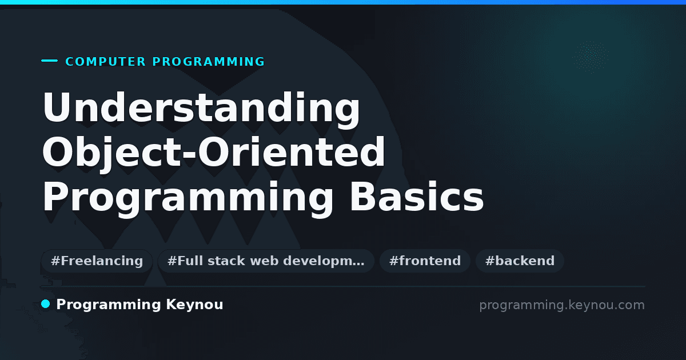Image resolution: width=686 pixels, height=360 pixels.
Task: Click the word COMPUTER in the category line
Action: [x=105, y=62]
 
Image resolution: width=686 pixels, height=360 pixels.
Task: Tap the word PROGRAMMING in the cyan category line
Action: [x=208, y=62]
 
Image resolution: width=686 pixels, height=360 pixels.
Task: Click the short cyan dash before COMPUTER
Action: [x=49, y=61]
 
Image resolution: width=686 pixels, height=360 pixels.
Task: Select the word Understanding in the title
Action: [x=201, y=108]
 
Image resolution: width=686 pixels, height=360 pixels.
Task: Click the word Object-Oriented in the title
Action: [x=213, y=153]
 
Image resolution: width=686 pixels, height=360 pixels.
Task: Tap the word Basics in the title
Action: [x=417, y=196]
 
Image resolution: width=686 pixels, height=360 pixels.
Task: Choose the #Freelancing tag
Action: [x=97, y=261]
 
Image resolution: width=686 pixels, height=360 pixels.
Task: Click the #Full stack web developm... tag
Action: [x=266, y=261]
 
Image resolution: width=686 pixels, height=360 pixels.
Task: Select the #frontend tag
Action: [x=425, y=261]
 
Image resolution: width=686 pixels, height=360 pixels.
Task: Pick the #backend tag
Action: [x=520, y=261]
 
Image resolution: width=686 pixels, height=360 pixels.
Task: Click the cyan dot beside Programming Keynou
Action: [x=46, y=304]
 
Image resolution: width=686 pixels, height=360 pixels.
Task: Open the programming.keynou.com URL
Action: [x=562, y=305]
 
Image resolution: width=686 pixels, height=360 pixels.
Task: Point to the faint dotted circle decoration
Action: [x=591, y=57]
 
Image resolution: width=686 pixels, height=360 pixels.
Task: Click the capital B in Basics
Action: [x=364, y=196]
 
